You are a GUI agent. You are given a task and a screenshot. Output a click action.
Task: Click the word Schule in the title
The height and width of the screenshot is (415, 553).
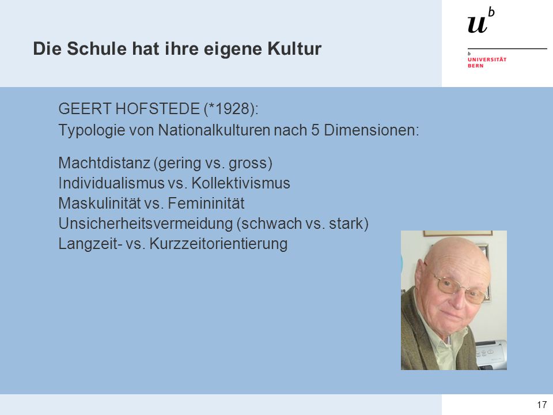(97, 48)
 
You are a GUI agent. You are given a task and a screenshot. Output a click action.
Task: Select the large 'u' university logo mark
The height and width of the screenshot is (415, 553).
(477, 24)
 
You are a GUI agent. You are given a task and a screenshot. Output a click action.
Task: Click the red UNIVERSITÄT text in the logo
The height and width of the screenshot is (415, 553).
(487, 59)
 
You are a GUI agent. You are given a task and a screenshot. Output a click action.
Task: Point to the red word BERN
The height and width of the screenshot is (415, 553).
(475, 66)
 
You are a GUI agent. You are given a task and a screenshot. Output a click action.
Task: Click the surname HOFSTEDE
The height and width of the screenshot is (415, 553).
(158, 109)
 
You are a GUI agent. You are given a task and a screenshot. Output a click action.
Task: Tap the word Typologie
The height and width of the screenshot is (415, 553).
(92, 130)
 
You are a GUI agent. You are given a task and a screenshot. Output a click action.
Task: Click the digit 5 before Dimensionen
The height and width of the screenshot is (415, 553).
(315, 130)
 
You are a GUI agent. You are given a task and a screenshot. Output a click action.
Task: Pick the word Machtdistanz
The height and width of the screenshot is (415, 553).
(104, 163)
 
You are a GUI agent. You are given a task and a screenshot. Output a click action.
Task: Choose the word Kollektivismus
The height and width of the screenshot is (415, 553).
(241, 183)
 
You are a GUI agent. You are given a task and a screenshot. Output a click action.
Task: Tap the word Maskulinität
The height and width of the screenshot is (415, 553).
(100, 203)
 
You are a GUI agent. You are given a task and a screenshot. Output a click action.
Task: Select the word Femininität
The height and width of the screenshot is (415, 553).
(206, 203)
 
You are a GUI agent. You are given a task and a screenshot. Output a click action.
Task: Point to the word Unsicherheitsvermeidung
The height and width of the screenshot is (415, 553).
(146, 224)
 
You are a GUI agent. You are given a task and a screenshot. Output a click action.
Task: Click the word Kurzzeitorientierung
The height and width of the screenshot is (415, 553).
(218, 244)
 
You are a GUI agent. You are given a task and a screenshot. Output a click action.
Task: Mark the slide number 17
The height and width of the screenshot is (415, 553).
(541, 405)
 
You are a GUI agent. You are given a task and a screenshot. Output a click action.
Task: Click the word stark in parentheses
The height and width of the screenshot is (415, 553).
(346, 224)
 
